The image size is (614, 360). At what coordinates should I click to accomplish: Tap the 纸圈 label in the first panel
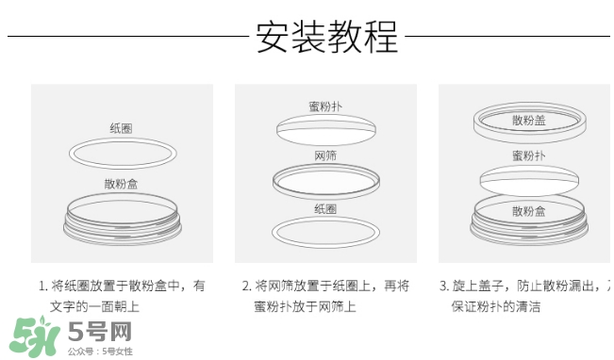click(121, 127)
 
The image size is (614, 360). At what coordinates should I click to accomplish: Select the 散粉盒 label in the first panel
click(121, 184)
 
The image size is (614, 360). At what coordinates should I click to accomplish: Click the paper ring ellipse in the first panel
click(121, 153)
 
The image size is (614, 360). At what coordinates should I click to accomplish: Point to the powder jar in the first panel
click(121, 222)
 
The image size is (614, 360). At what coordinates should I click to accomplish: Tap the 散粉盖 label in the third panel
click(528, 120)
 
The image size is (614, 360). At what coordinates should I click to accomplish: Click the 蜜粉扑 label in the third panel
click(528, 155)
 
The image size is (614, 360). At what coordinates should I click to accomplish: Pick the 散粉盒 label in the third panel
click(528, 211)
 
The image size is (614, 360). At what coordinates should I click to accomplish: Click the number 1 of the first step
click(41, 286)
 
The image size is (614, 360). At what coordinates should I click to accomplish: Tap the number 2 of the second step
click(246, 286)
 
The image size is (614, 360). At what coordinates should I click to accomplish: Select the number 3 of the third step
click(443, 286)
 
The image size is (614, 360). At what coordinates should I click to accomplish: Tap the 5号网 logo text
click(99, 331)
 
